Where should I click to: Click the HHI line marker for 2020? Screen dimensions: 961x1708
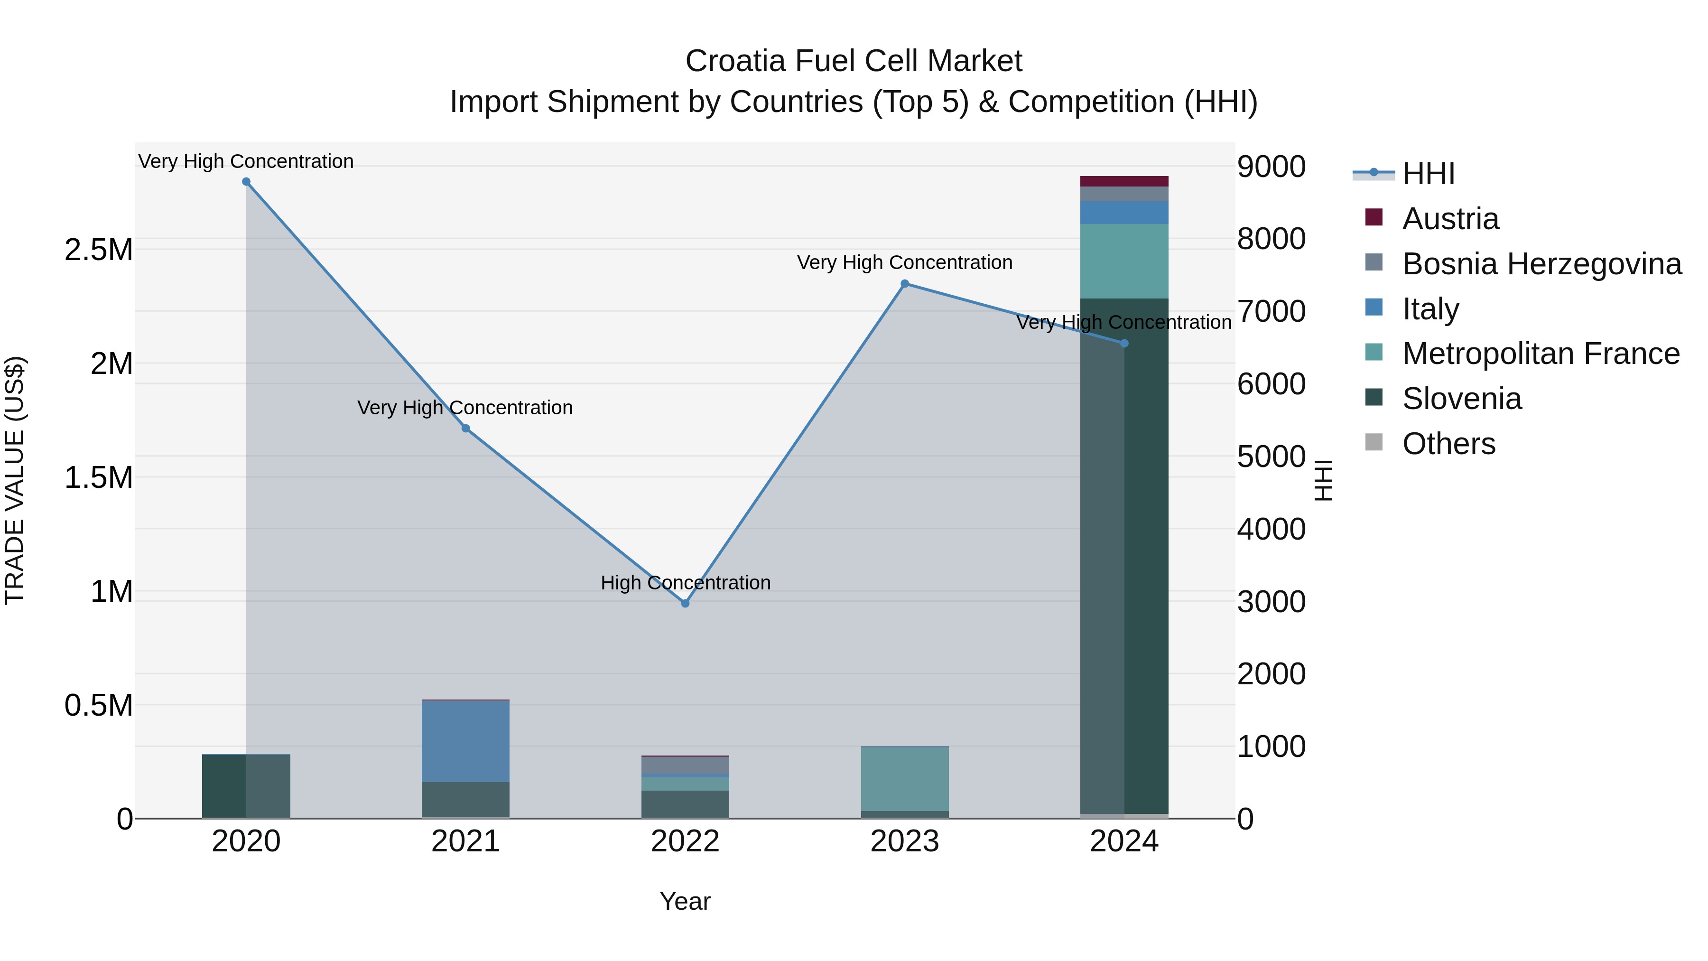point(246,182)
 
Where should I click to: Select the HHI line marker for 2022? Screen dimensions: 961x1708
point(685,604)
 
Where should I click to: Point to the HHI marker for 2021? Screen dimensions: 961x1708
point(465,429)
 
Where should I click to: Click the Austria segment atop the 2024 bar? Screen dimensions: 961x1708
point(1124,181)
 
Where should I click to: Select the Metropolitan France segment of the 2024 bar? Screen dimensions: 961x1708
point(1124,261)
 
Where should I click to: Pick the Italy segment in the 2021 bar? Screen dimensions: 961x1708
point(465,741)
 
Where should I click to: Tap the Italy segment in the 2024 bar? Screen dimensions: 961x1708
point(1124,212)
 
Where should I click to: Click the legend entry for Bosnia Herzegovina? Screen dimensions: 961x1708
point(1541,264)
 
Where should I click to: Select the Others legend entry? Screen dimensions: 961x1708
point(1449,444)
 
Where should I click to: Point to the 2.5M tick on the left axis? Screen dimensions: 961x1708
point(98,250)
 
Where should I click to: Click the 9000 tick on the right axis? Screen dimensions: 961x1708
point(1271,167)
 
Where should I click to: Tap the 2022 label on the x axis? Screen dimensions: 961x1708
point(685,841)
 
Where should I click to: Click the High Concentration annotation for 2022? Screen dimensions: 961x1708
point(685,583)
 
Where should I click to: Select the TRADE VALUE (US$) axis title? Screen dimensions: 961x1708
point(15,480)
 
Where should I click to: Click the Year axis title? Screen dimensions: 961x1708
point(685,901)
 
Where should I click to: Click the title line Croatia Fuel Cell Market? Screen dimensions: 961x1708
point(854,61)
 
